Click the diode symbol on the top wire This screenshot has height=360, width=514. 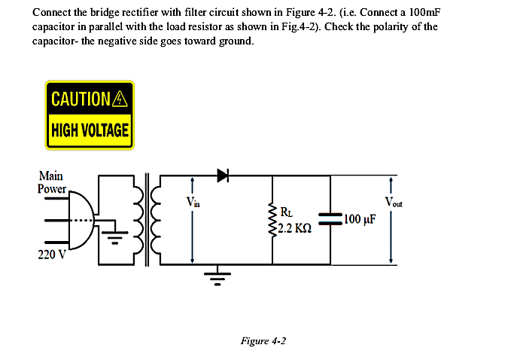pos(222,175)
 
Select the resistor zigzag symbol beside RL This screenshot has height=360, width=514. pos(272,219)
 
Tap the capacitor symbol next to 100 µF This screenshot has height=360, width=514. pos(331,219)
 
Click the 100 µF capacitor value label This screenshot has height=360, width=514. pos(360,220)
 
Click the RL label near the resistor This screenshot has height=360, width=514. pos(286,212)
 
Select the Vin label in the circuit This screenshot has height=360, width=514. pos(193,201)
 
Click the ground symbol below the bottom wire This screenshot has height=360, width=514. pos(217,278)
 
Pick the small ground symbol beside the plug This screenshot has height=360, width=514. pos(114,240)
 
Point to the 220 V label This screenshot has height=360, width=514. pos(51,255)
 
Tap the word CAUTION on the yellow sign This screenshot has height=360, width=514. pos(80,98)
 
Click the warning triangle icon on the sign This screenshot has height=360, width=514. pos(120,98)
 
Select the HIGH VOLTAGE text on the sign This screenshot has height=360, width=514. pos(90,130)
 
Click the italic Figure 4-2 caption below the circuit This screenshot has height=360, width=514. pos(263,340)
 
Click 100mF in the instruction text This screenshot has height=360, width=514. pos(422,14)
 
